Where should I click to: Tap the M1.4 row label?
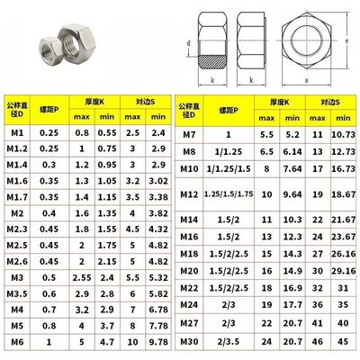click(17, 166)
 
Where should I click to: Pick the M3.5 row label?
click(17, 293)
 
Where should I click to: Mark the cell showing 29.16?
click(343, 269)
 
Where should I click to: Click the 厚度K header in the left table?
click(94, 102)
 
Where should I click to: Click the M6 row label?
click(17, 343)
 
